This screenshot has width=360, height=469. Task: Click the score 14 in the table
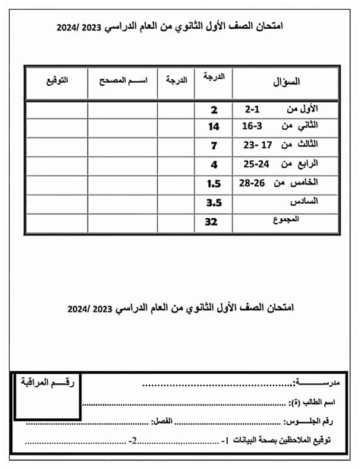coord(214,127)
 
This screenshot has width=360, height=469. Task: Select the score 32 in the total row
coord(213,223)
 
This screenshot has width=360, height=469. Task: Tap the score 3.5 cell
coord(214,203)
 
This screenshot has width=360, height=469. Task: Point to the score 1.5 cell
coord(214,184)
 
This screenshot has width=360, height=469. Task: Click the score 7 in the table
coord(214,146)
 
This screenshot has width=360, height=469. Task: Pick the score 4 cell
coord(214,165)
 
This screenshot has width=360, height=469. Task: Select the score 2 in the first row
coord(214,110)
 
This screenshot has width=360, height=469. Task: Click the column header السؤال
coord(286,82)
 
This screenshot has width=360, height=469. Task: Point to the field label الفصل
coord(163,421)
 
